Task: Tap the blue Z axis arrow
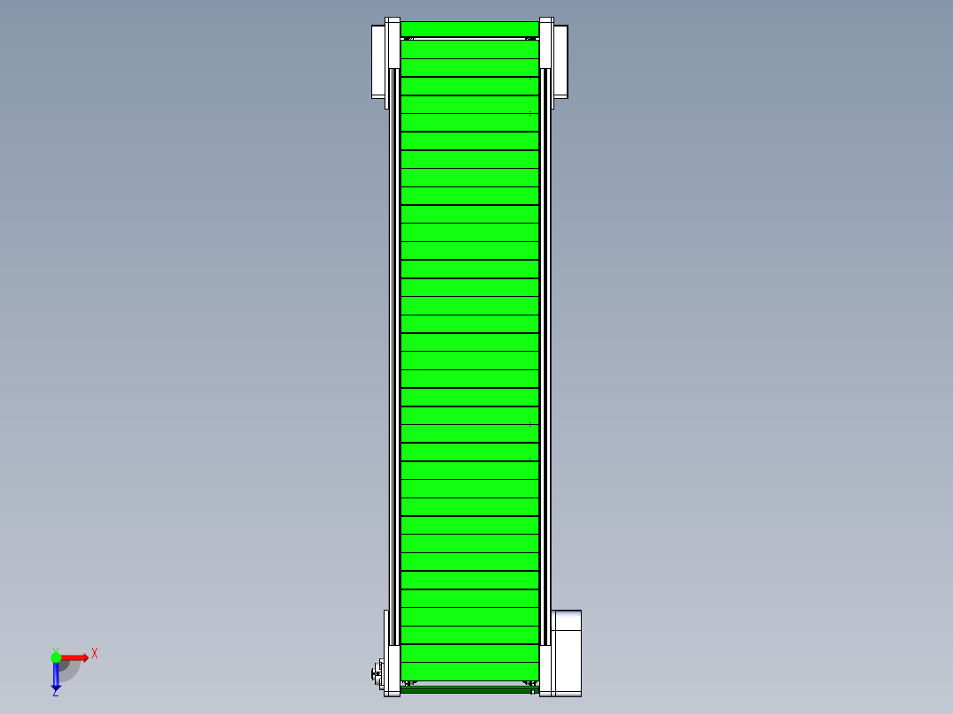(56, 675)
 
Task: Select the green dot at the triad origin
(56, 657)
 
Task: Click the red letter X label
(95, 654)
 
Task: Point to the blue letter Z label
(56, 693)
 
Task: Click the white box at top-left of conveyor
(378, 61)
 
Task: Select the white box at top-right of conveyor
(560, 61)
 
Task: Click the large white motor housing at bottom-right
(566, 653)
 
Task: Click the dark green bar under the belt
(469, 689)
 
